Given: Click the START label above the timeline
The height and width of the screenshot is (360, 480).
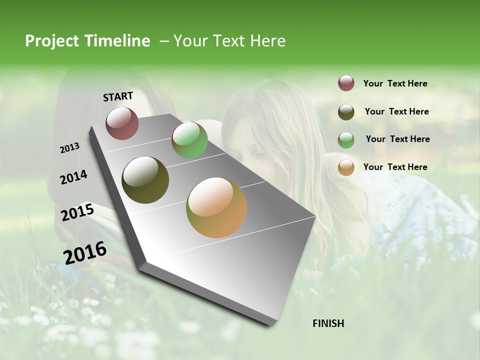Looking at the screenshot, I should click(118, 96).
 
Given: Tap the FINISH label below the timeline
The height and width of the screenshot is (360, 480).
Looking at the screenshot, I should click(328, 323).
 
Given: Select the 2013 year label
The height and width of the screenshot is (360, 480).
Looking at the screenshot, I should click(69, 147).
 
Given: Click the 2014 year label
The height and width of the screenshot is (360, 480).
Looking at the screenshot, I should click(73, 177).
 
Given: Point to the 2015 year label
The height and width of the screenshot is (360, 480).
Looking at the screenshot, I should click(77, 212).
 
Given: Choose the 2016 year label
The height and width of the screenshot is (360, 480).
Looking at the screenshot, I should click(84, 252).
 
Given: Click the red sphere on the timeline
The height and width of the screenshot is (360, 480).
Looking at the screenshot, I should click(122, 123).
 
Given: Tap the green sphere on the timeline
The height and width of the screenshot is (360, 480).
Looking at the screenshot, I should click(189, 140).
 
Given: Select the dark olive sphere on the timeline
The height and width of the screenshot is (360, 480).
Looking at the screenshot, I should click(145, 180).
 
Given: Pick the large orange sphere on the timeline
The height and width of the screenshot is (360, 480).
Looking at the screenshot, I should click(216, 207).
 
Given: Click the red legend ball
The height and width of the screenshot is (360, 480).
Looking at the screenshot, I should click(346, 83).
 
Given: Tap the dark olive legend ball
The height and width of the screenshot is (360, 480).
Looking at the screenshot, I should click(346, 112).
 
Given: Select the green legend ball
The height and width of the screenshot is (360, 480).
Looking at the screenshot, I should click(346, 140).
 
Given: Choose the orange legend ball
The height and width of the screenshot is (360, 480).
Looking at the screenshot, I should click(346, 167).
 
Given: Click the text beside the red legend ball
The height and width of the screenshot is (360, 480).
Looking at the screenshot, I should click(395, 83).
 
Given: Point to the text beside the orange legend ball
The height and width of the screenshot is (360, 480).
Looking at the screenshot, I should click(395, 167).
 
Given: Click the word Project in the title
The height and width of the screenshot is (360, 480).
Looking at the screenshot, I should click(51, 41).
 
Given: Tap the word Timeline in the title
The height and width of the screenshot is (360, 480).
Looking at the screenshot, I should click(116, 41).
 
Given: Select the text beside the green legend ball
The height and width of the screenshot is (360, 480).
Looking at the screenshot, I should click(397, 139).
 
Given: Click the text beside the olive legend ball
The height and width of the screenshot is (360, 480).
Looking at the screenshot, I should click(396, 111).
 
